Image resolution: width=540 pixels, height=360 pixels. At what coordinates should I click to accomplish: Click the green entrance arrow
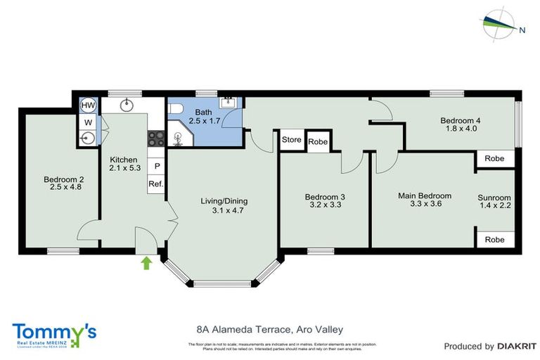point(146,263)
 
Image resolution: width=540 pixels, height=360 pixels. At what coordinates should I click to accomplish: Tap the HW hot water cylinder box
point(88,105)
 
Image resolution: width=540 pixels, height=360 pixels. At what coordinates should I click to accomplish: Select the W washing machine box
point(88,122)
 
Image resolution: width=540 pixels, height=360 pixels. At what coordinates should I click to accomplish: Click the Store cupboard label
point(292,140)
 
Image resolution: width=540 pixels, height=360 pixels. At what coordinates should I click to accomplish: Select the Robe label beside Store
point(318,141)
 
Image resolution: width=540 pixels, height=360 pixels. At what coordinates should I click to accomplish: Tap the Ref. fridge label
point(155,184)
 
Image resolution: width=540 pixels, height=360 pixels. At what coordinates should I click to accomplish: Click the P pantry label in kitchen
point(156,166)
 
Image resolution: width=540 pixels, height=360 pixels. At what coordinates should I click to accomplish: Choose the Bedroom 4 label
point(461,120)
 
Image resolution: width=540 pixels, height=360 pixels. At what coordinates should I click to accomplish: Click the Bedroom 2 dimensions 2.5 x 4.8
point(61,187)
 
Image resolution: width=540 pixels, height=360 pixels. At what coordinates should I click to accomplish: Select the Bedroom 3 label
point(324,197)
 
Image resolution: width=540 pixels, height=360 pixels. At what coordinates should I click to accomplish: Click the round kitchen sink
point(127,105)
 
